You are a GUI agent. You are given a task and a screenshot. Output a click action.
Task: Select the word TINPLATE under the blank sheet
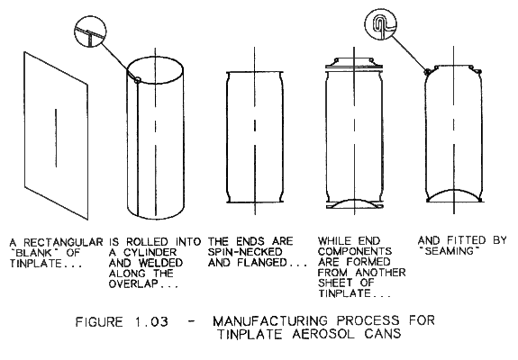point(35,264)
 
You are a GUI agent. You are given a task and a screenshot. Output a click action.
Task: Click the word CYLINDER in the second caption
point(150,253)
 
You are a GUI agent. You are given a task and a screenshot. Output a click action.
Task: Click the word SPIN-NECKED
point(245,252)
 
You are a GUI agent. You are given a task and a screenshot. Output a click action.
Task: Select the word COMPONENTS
point(355,251)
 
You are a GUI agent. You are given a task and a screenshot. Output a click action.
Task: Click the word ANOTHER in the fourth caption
point(380,273)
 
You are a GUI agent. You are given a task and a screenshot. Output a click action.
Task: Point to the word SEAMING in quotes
point(450,251)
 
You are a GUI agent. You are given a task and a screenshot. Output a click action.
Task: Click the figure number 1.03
point(151,321)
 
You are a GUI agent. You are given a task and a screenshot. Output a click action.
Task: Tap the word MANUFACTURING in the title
point(270,321)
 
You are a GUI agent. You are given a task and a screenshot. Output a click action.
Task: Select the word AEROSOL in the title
point(323,334)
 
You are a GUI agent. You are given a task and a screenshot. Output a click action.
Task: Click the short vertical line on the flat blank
point(56,138)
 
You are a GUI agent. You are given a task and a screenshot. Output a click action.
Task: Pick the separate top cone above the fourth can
point(354,63)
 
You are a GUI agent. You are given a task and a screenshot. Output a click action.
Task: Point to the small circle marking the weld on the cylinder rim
point(138,79)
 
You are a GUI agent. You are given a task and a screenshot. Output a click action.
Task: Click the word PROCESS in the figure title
point(368,321)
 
